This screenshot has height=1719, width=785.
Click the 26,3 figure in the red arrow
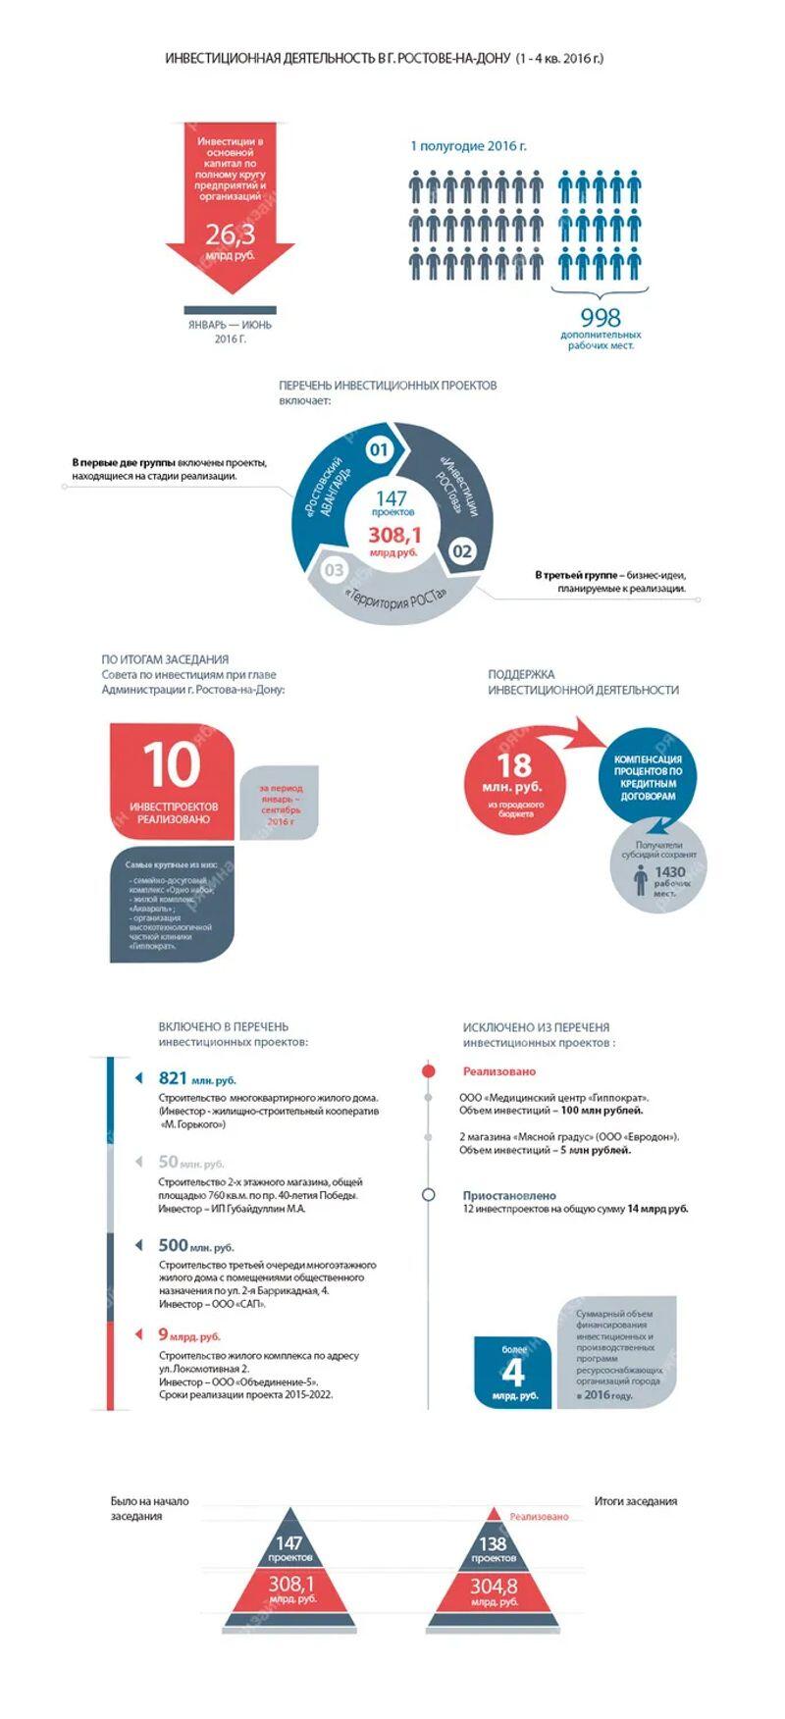click(230, 234)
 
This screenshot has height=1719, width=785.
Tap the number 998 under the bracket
click(601, 317)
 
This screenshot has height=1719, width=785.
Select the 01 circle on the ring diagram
click(379, 450)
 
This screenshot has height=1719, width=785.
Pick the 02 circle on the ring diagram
click(462, 550)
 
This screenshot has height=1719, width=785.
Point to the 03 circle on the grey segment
click(334, 570)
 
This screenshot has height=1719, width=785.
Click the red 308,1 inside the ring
click(394, 535)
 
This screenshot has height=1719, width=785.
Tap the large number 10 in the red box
click(173, 764)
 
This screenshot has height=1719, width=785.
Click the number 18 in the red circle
click(514, 765)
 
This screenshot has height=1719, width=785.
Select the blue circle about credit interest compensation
click(648, 777)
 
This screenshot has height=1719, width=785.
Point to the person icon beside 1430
click(640, 880)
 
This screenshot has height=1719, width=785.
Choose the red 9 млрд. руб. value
click(188, 1335)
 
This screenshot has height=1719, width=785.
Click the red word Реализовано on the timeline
click(499, 1071)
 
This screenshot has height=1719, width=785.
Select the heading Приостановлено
click(509, 1195)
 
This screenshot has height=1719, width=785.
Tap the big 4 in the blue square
click(514, 1371)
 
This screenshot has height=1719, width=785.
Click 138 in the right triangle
click(493, 1543)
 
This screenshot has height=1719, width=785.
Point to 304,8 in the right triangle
click(494, 1586)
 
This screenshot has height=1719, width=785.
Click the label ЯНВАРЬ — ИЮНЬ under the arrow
click(230, 325)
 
